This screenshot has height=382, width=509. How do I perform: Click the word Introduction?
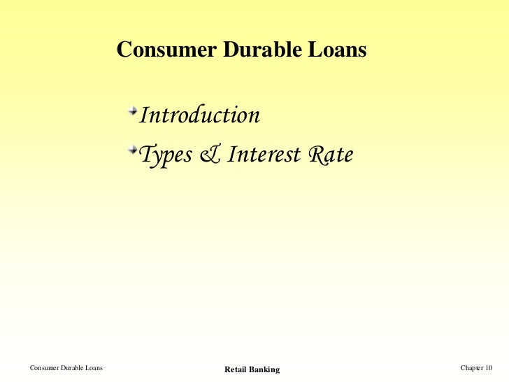(x=200, y=115)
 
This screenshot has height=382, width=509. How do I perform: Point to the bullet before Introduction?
(x=133, y=111)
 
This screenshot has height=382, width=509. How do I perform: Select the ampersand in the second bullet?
(x=208, y=155)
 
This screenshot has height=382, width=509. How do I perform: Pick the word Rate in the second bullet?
(x=328, y=155)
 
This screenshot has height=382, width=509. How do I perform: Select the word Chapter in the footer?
(x=472, y=368)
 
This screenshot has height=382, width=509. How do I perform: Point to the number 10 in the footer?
(x=488, y=368)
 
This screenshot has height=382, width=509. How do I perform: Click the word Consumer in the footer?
(x=45, y=368)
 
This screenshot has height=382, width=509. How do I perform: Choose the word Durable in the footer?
(x=75, y=368)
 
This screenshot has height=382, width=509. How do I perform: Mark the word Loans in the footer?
(x=96, y=368)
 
